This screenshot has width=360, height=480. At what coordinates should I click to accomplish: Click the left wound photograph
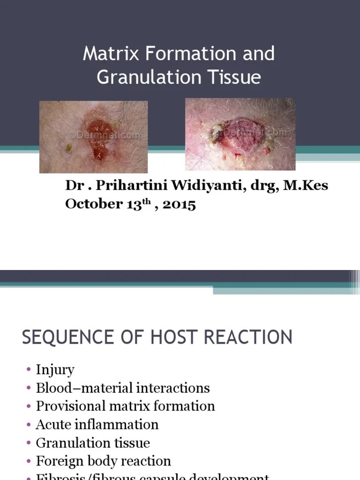tap(93, 137)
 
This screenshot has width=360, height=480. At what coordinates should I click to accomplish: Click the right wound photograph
tap(240, 134)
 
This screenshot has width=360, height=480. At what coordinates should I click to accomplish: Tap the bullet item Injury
tap(55, 370)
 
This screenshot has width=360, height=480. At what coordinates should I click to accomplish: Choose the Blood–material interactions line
tap(123, 388)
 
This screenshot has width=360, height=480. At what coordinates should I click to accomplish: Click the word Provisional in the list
tap(69, 406)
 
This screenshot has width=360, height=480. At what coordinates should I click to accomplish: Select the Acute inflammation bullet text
tap(97, 425)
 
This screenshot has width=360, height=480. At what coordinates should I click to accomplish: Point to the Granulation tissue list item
tap(93, 443)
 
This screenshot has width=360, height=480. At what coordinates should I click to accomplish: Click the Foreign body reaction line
tap(103, 461)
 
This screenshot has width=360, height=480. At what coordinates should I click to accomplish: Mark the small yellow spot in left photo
tap(68, 148)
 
